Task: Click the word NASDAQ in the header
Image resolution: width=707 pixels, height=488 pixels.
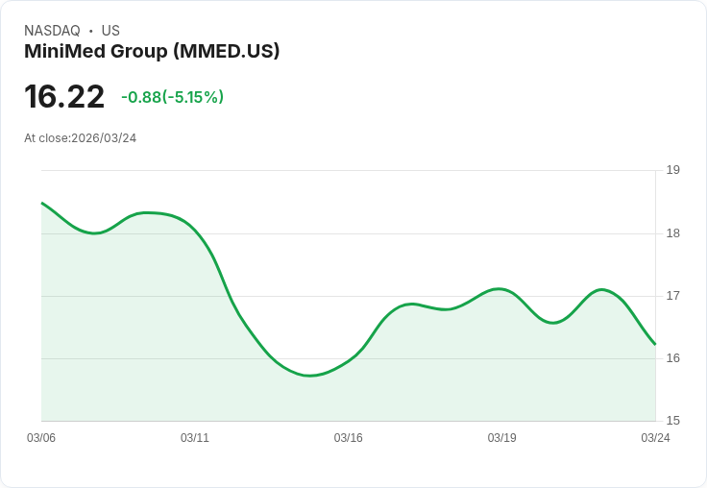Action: click(x=52, y=31)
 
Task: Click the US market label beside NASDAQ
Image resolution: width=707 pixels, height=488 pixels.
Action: click(x=110, y=31)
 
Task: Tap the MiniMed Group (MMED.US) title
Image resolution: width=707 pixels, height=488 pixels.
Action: click(x=152, y=52)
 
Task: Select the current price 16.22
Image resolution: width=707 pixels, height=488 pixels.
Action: click(x=64, y=97)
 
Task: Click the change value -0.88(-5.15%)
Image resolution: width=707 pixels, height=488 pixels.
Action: click(x=172, y=97)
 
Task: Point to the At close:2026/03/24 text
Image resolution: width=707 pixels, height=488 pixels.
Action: click(x=80, y=138)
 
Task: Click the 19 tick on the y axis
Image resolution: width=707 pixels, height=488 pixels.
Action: click(x=672, y=170)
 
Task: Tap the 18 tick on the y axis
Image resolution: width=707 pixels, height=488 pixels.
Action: click(x=672, y=233)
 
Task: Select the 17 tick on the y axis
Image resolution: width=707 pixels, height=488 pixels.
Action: click(x=672, y=296)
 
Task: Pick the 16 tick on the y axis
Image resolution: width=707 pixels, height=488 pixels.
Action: click(x=672, y=358)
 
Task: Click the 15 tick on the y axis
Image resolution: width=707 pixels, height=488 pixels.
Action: click(x=672, y=421)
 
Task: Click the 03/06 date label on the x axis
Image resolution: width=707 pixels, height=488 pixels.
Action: click(x=41, y=438)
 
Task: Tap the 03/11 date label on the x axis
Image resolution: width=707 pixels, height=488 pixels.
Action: click(x=195, y=438)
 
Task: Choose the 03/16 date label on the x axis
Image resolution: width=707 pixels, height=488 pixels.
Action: click(x=349, y=438)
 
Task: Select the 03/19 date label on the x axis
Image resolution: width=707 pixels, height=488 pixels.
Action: click(x=501, y=438)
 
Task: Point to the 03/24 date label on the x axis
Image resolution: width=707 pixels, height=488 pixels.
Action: click(x=655, y=438)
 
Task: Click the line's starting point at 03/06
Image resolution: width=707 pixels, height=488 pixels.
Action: click(x=42, y=204)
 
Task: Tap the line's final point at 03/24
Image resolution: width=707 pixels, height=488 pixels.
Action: click(x=655, y=344)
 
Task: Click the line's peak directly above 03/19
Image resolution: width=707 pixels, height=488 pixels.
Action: click(x=500, y=288)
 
